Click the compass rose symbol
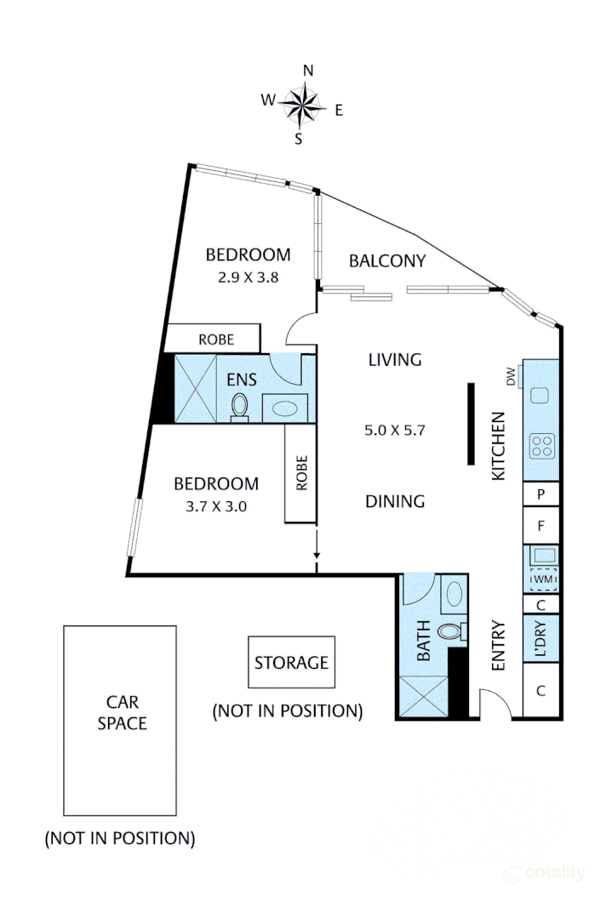click(303, 105)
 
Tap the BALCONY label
click(387, 261)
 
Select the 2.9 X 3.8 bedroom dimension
click(246, 277)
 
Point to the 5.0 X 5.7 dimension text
click(394, 431)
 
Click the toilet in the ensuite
click(240, 406)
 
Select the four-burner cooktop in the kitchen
click(542, 444)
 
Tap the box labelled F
click(540, 526)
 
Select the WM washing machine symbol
click(542, 580)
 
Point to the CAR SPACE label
click(121, 713)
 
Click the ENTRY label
click(498, 644)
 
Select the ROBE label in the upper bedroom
click(216, 339)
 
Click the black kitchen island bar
click(471, 424)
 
